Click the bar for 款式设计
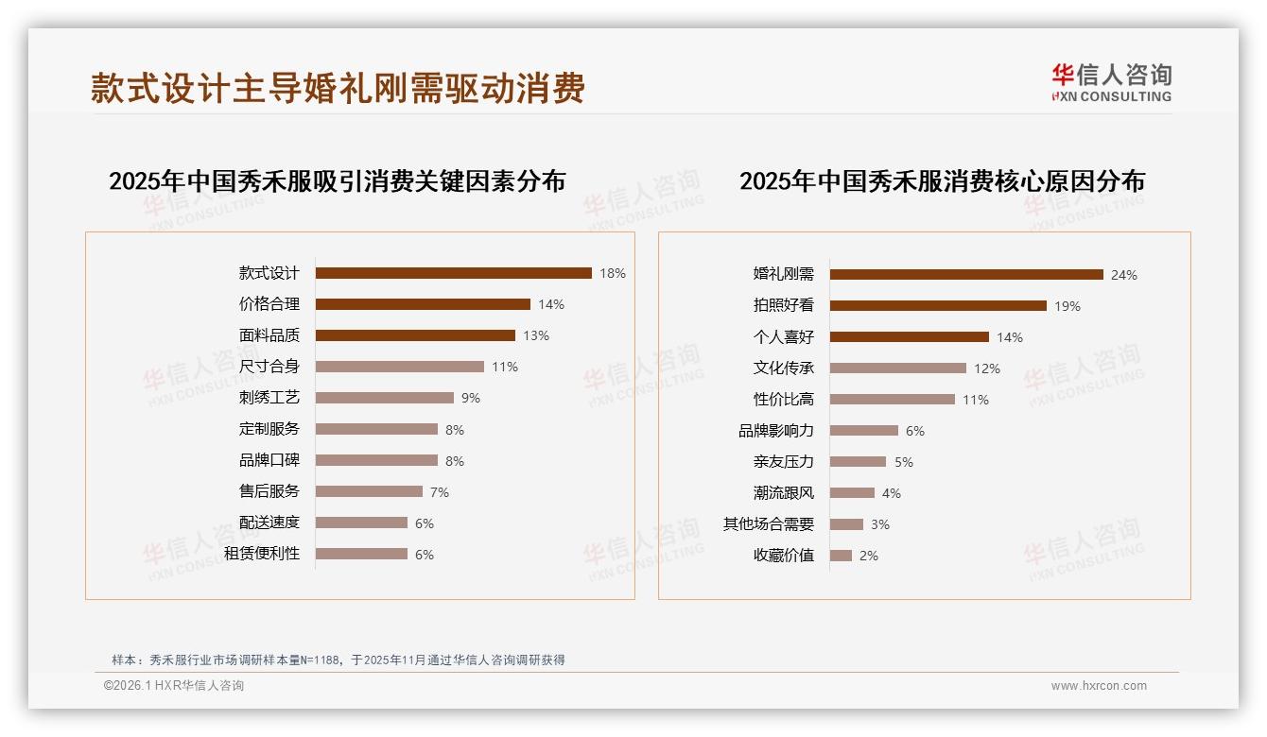(x=453, y=273)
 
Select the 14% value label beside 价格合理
(x=550, y=304)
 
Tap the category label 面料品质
(x=269, y=335)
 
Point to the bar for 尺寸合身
(x=399, y=367)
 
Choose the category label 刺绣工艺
(x=269, y=398)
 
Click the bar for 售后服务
(x=369, y=491)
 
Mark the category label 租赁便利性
(x=262, y=554)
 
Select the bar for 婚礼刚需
(x=966, y=275)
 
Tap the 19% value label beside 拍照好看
(x=1067, y=306)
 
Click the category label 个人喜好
(x=783, y=337)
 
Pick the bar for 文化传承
(x=898, y=368)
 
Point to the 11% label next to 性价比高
(x=976, y=400)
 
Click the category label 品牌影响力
(x=775, y=431)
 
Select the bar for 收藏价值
(x=841, y=556)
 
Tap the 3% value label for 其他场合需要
(x=880, y=524)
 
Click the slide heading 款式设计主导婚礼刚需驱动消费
(x=338, y=88)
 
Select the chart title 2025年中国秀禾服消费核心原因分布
(x=942, y=180)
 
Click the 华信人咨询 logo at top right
(x=1111, y=82)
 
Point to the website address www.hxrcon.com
(x=1099, y=686)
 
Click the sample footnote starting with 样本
(x=338, y=660)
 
